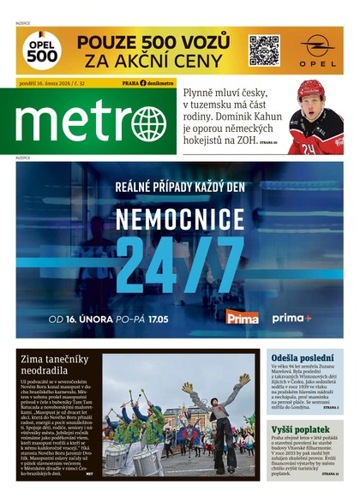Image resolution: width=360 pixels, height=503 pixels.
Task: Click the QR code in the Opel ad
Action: [264, 51]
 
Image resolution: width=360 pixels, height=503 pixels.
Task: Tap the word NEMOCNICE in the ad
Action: [179, 215]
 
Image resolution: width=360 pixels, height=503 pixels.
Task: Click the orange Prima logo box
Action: [243, 318]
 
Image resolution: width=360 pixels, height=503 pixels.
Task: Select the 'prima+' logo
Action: [291, 318]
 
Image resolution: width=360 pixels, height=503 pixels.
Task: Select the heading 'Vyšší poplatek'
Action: [303, 428]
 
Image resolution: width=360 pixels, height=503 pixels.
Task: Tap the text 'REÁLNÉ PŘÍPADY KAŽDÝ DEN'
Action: [180, 185]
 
